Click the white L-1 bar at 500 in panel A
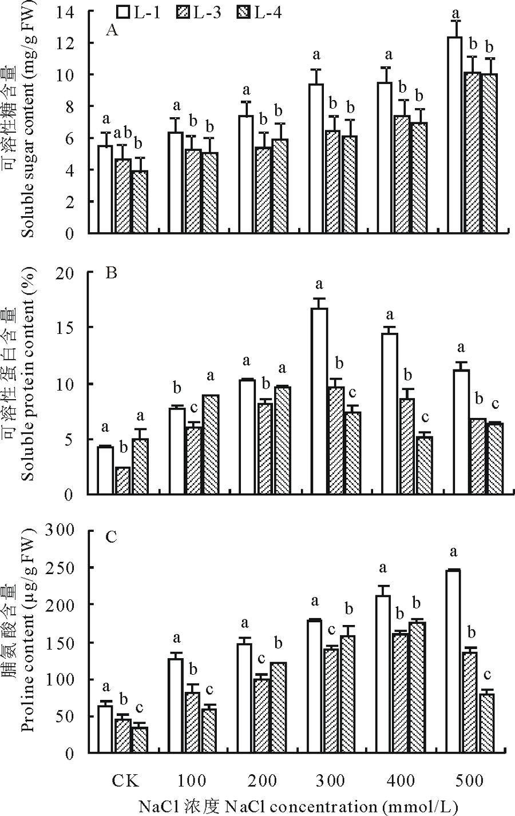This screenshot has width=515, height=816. (454, 135)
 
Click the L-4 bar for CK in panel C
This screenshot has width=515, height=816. (140, 740)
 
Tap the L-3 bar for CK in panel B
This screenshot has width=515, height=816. (123, 481)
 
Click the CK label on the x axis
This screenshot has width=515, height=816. (125, 781)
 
